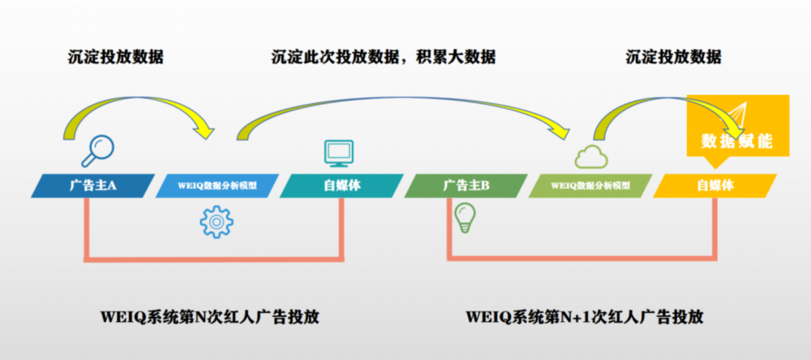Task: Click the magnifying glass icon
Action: tap(98, 151)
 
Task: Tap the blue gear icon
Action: tap(217, 222)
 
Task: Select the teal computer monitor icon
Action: tap(339, 153)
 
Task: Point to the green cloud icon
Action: tap(591, 156)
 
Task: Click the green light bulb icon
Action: tap(465, 218)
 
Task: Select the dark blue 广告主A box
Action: tap(93, 186)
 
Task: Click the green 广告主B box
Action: tap(466, 186)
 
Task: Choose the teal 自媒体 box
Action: tap(342, 186)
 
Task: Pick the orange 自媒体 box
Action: tap(714, 186)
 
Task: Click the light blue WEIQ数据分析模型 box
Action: tap(217, 186)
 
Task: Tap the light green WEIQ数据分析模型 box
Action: tap(590, 186)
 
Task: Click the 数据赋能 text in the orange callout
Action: tap(737, 141)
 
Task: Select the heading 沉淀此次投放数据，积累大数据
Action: tap(384, 57)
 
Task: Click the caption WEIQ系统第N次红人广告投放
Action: tap(209, 316)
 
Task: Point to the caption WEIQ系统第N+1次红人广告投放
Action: tap(585, 316)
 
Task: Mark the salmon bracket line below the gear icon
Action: tap(213, 257)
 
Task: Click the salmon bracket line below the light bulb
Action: tap(581, 257)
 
